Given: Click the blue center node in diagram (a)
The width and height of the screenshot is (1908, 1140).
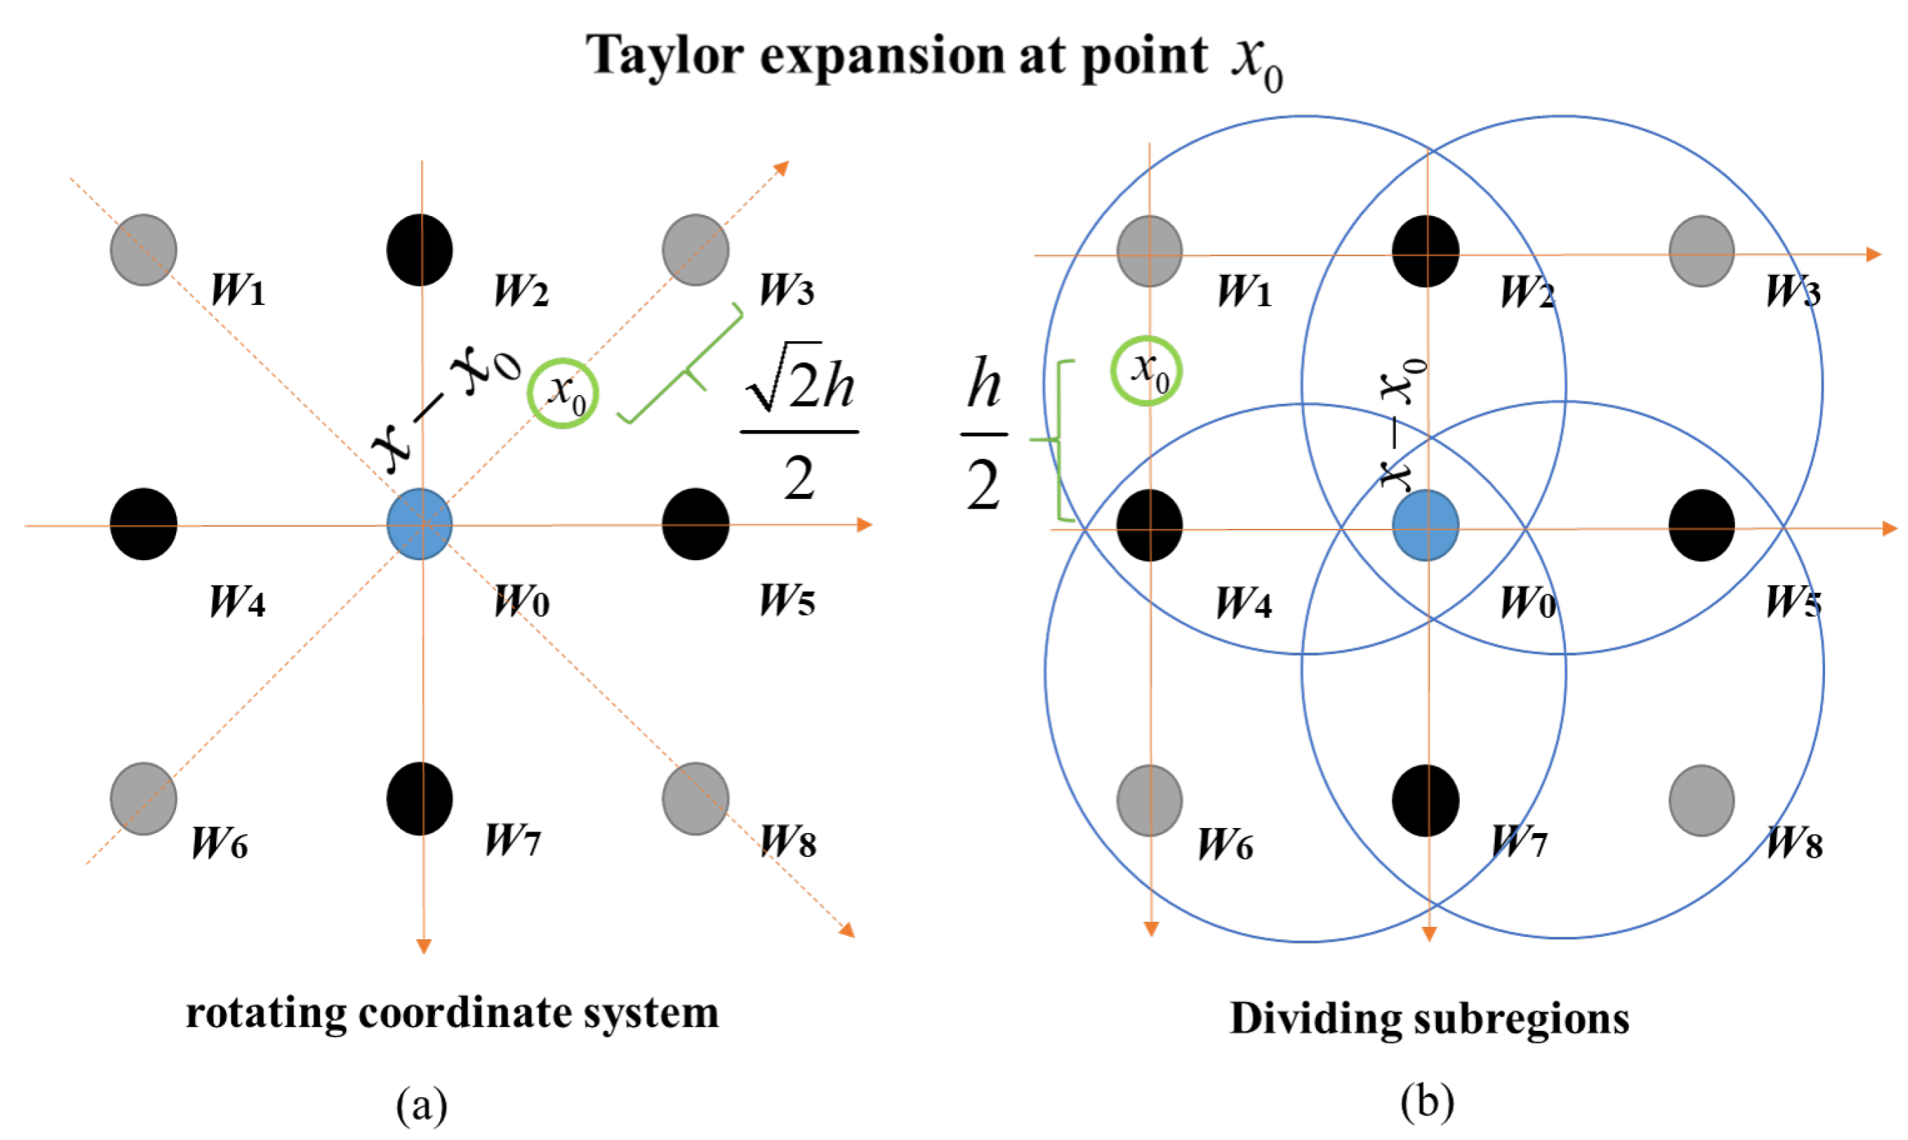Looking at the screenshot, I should [x=420, y=524].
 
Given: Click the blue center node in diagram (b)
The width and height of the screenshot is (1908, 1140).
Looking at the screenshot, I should [x=1426, y=525].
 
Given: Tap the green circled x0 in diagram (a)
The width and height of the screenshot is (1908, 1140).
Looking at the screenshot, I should [x=563, y=393].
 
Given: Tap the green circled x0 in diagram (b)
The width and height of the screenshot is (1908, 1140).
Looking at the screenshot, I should [x=1146, y=371].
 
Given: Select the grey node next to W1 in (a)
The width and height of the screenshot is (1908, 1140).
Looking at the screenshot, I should [x=143, y=250].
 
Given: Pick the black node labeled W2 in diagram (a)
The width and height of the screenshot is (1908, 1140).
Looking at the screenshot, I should [x=420, y=250].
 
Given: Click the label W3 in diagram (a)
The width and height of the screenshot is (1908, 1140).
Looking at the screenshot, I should [x=786, y=290].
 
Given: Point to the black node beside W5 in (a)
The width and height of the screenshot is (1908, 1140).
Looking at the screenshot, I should [x=696, y=524].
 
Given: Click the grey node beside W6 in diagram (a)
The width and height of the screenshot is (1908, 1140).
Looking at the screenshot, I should [x=143, y=799].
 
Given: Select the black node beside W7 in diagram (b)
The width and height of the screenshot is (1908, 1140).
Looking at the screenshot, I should [x=1426, y=800].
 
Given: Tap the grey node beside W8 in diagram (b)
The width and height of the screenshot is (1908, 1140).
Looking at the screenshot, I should [x=1702, y=800].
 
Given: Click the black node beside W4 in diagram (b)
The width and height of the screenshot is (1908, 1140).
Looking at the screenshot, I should [x=1149, y=525].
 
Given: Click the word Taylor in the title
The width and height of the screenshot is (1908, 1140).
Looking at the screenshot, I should [x=664, y=55].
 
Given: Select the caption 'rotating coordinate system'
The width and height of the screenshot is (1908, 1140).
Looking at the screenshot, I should [x=452, y=1013].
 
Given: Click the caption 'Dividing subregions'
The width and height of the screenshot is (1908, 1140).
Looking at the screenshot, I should [x=1429, y=1019].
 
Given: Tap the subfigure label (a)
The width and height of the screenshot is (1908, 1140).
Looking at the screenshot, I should [x=422, y=1105].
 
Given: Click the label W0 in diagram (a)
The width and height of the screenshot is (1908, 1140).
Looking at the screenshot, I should [x=522, y=602].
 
